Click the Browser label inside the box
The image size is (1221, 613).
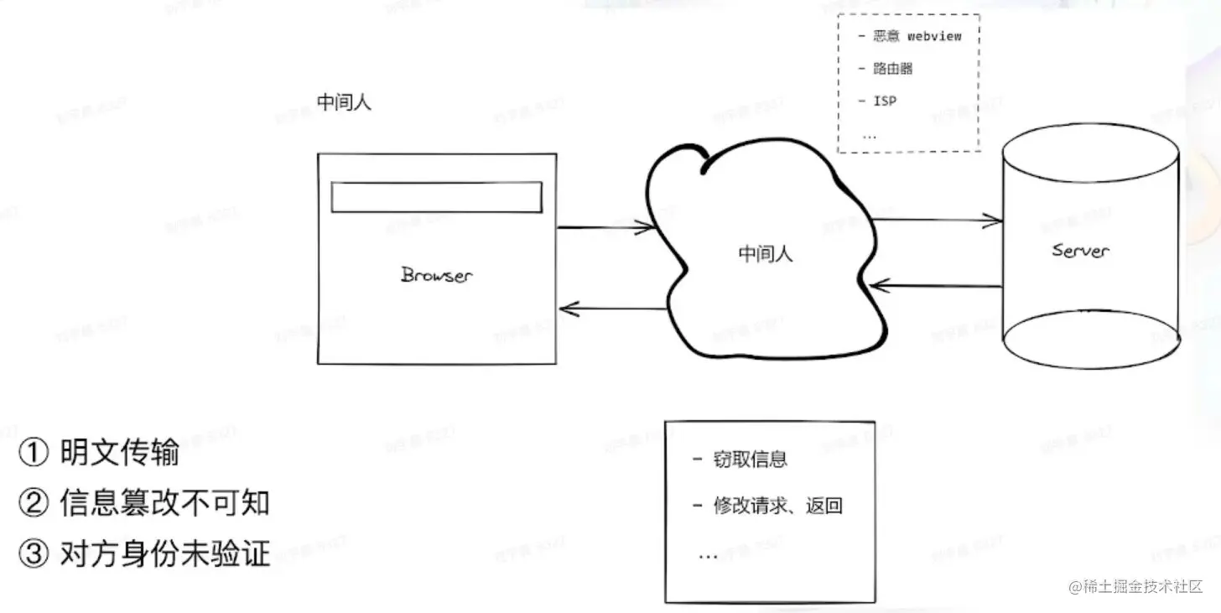pos(436,274)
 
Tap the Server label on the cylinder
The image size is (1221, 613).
pos(1080,250)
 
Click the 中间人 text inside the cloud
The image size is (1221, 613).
pos(765,253)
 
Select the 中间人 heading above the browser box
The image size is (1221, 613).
pos(344,103)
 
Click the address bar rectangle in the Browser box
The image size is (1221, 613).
pos(436,197)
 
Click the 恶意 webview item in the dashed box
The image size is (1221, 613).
pos(916,36)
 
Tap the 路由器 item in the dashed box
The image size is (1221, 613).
pos(891,69)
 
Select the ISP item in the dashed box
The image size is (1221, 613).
pos(884,101)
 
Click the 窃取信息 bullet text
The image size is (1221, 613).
pos(749,460)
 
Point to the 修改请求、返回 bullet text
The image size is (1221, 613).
pos(777,506)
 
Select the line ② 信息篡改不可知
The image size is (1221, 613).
pos(144,503)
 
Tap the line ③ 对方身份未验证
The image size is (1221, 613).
pos(144,553)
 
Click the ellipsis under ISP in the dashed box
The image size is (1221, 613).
pos(870,134)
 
